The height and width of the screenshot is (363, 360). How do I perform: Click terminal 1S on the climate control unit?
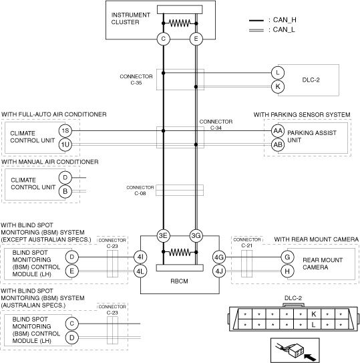65,131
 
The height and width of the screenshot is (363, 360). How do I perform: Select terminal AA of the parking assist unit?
278,131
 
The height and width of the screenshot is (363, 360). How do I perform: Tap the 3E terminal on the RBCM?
164,236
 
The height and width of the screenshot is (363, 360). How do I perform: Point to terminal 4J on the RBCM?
219,271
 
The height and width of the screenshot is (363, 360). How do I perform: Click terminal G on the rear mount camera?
287,257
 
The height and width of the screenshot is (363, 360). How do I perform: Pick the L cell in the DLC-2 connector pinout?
314,325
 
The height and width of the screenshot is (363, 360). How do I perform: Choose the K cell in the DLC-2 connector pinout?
314,314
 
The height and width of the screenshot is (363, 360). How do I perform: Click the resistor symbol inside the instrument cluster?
180,23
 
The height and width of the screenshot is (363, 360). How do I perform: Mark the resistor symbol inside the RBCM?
180,252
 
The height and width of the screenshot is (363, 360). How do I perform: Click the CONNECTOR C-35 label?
136,80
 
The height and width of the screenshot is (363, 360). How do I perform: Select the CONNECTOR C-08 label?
140,191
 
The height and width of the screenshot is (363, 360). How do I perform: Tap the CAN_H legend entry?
273,20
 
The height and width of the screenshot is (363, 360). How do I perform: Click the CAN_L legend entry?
273,30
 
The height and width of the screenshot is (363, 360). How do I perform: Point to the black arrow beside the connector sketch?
310,357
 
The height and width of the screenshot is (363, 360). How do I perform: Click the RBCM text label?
179,281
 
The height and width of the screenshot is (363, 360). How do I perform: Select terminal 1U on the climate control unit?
65,144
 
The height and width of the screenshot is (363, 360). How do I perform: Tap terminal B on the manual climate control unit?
65,191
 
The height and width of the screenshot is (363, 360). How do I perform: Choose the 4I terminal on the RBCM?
140,257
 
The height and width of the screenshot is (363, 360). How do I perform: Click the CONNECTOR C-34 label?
216,124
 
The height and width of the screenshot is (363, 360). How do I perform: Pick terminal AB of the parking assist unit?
278,144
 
